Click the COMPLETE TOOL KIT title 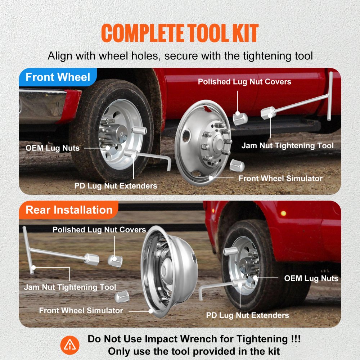(x=180, y=33)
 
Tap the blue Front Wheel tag (x=58, y=77)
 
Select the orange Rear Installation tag (x=69, y=210)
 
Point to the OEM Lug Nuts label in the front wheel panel (x=53, y=148)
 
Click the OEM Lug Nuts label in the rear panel (x=311, y=278)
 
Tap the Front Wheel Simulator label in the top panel (x=280, y=178)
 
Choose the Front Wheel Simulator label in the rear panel (x=81, y=310)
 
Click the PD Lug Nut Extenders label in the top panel (x=116, y=186)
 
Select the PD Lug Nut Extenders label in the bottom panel (x=247, y=315)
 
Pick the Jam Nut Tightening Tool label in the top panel (x=287, y=146)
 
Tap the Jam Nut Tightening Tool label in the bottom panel (x=70, y=287)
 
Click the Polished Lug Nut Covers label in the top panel (x=244, y=82)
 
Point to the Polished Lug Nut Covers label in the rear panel (x=99, y=230)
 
